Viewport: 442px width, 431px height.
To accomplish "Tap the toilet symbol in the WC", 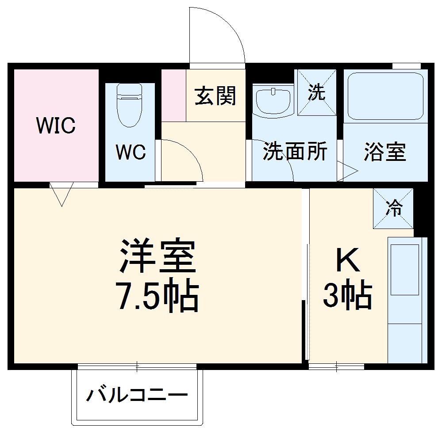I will click(x=130, y=105).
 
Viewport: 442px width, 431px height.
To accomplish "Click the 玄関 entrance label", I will click(x=215, y=95).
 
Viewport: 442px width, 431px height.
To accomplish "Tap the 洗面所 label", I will click(x=295, y=152).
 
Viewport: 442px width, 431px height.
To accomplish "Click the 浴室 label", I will click(x=385, y=152).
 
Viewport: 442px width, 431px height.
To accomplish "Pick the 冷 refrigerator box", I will click(x=393, y=209).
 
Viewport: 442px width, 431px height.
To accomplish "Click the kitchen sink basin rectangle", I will click(x=404, y=269).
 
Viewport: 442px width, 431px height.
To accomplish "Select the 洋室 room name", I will click(x=157, y=257).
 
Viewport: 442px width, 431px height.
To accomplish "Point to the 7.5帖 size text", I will click(x=157, y=297).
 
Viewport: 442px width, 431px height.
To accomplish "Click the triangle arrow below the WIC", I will click(x=61, y=194).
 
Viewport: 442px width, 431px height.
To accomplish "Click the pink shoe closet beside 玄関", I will click(x=173, y=95).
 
